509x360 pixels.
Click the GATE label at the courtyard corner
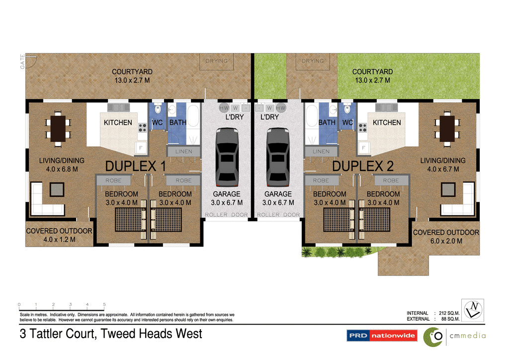tap(23, 61)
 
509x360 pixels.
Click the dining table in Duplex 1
tap(58, 129)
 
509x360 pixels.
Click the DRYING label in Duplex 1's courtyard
tap(216, 61)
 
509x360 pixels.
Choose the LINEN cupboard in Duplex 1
tap(183, 151)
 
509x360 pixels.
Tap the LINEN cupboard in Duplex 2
tap(321, 151)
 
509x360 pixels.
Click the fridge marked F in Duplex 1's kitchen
tap(141, 148)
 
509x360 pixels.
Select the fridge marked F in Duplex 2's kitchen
tap(364, 148)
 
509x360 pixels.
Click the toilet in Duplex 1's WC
tap(158, 109)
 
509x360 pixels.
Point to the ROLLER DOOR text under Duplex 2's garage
tap(278, 215)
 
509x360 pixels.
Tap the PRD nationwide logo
tap(382, 336)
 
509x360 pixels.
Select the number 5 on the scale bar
tap(104, 304)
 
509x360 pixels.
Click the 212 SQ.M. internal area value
tap(448, 313)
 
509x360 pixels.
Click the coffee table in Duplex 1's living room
tap(57, 189)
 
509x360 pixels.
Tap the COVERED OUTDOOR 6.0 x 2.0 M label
tap(446, 236)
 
